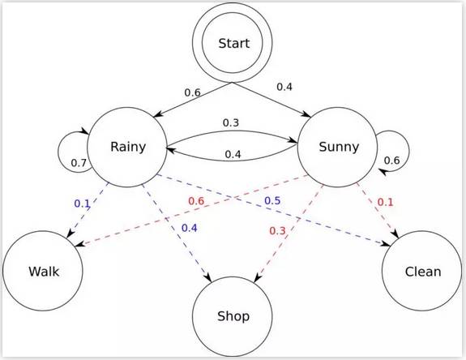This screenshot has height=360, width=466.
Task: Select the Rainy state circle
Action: pyautogui.click(x=128, y=147)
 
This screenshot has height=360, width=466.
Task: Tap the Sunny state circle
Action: pyautogui.click(x=339, y=147)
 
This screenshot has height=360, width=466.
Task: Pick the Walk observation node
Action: pyautogui.click(x=42, y=270)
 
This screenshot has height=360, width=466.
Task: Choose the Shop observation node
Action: pyautogui.click(x=233, y=315)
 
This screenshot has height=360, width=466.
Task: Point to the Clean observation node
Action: pyautogui.click(x=422, y=270)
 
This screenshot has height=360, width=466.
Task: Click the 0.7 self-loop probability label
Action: pyautogui.click(x=79, y=163)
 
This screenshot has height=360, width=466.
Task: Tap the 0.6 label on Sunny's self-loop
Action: pyautogui.click(x=391, y=161)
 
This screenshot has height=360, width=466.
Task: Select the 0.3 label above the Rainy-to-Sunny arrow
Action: pyautogui.click(x=231, y=122)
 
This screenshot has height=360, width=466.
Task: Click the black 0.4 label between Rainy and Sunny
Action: pyautogui.click(x=233, y=154)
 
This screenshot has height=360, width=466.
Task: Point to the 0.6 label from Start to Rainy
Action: pyautogui.click(x=192, y=92)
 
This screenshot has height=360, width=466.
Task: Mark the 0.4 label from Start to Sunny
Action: pyautogui.click(x=285, y=87)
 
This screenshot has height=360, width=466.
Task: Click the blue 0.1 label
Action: pyautogui.click(x=83, y=203)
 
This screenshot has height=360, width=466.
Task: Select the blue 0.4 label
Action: pyautogui.click(x=190, y=228)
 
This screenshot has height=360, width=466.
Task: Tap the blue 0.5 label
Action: pyautogui.click(x=272, y=200)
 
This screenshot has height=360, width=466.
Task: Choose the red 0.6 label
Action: pyautogui.click(x=196, y=200)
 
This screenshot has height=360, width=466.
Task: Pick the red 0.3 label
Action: pyautogui.click(x=278, y=230)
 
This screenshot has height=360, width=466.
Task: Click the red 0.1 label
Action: pyautogui.click(x=385, y=201)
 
